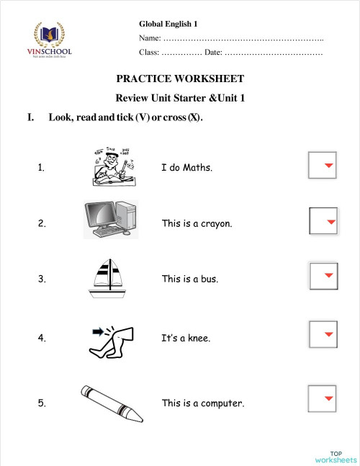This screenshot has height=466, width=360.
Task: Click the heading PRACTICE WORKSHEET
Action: coord(180,79)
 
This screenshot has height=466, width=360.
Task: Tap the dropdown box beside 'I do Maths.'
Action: coord(322,166)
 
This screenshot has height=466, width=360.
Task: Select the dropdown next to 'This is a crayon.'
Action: coord(323,221)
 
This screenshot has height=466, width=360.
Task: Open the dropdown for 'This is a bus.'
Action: coord(322,276)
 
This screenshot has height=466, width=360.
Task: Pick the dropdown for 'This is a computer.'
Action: coord(322,398)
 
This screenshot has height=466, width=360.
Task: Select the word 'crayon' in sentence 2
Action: coord(215,224)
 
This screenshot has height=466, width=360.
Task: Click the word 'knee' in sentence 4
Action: coord(198,337)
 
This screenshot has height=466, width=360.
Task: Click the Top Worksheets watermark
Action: coord(335,454)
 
